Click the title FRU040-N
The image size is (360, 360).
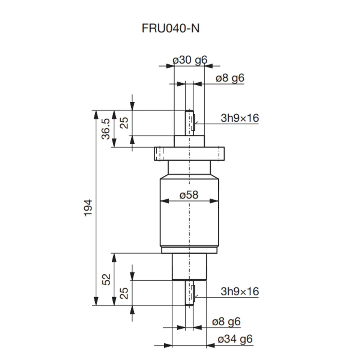pyautogui.click(x=171, y=28)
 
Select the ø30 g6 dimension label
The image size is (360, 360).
pyautogui.click(x=190, y=60)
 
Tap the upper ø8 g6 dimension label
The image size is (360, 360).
pyautogui.click(x=230, y=78)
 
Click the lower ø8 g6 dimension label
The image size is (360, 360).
pyautogui.click(x=226, y=322)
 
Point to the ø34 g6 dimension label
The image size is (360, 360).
pyautogui.click(x=235, y=339)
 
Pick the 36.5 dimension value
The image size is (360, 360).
pyautogui.click(x=106, y=129)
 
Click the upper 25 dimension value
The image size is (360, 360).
pyautogui.click(x=124, y=123)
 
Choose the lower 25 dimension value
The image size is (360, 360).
pyautogui.click(x=124, y=293)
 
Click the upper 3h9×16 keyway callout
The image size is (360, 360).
pyautogui.click(x=240, y=118)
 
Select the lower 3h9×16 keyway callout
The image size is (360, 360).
pyautogui.click(x=240, y=291)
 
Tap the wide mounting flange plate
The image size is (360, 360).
pyautogui.click(x=190, y=154)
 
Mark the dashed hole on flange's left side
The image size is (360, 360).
pyautogui.click(x=159, y=154)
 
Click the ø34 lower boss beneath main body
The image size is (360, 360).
pyautogui.click(x=189, y=266)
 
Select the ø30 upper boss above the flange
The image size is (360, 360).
pyautogui.click(x=189, y=141)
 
